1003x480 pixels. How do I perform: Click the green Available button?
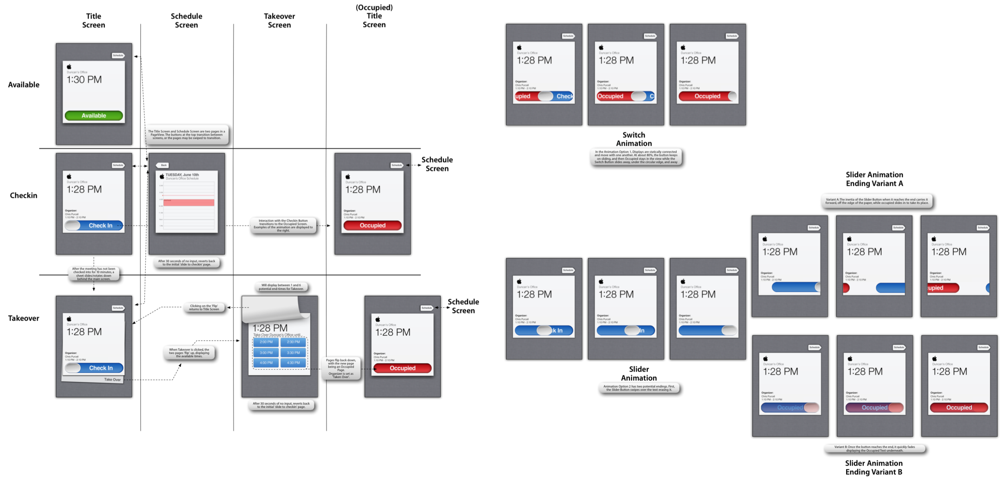(x=94, y=116)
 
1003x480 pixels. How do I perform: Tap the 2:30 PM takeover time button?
(x=293, y=342)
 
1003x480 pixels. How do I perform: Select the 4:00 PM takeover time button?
(x=266, y=362)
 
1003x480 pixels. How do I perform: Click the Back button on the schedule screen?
(x=162, y=165)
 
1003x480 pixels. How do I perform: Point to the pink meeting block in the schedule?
(x=189, y=203)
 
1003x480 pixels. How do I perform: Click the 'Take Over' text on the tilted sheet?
(x=112, y=379)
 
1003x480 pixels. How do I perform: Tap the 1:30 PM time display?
(x=84, y=79)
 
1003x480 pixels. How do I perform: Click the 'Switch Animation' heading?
(x=634, y=139)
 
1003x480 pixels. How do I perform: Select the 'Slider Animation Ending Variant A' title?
(x=874, y=179)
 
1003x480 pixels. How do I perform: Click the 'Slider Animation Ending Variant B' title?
(x=874, y=467)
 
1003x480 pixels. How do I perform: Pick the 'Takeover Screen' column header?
(x=279, y=20)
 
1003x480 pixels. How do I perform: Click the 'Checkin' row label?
(x=24, y=195)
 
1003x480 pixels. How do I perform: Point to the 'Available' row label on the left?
(x=24, y=85)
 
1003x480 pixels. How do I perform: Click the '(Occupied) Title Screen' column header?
(x=374, y=16)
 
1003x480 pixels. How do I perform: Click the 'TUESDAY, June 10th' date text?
(x=182, y=175)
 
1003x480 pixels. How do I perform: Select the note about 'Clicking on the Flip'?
(x=204, y=307)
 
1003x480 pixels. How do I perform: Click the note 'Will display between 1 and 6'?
(x=281, y=287)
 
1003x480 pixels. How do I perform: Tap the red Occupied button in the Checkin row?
(x=372, y=226)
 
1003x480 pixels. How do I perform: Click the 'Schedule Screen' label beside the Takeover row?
(x=463, y=306)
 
